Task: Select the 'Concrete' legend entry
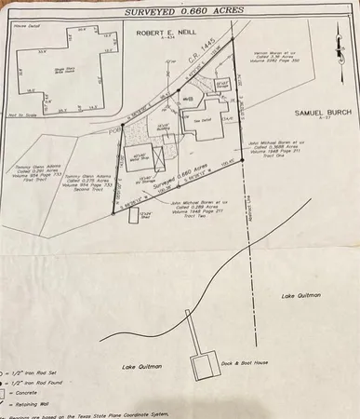[x=27, y=404]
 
